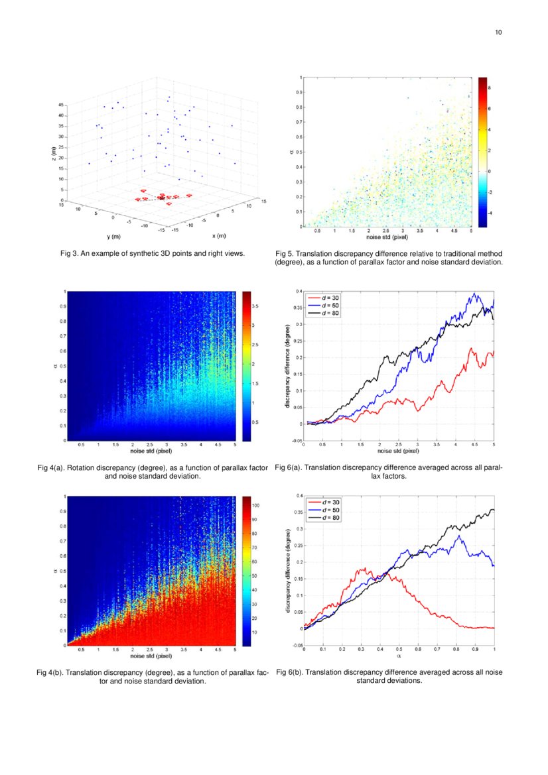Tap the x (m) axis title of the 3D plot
(218, 235)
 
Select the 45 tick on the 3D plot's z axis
(61, 105)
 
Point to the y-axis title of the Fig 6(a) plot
(287, 366)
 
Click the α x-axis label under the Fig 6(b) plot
(399, 656)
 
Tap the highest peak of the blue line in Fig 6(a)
(474, 294)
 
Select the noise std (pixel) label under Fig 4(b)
(152, 656)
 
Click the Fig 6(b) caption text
(389, 676)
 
